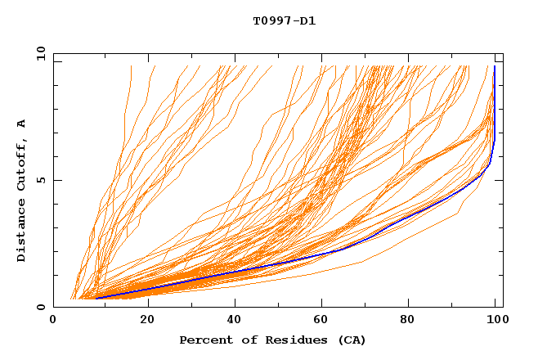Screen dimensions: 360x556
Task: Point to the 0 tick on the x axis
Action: coord(54,322)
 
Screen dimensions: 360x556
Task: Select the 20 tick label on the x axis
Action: coord(142,322)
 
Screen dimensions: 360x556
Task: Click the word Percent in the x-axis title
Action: coord(203,340)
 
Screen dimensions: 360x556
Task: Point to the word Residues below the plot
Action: coord(287,340)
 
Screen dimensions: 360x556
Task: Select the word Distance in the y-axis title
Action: coord(21,230)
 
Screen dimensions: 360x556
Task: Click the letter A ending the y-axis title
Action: coord(21,123)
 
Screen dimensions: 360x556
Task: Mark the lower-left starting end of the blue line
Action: coord(96,299)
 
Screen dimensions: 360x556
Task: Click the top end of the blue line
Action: coord(494,66)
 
